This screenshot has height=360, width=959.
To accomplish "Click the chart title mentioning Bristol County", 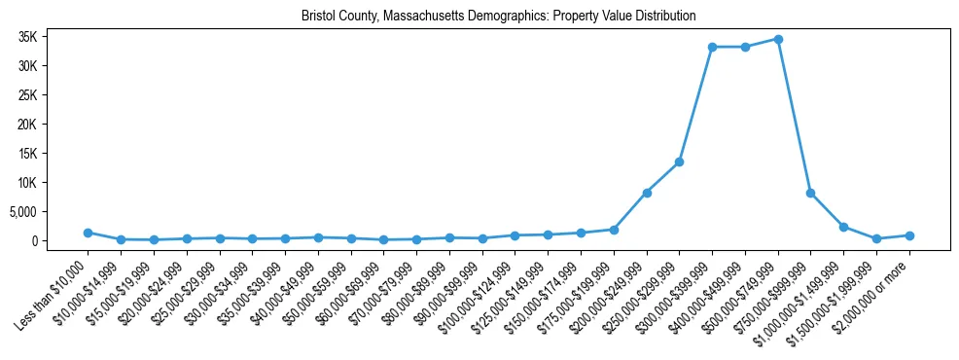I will (x=498, y=17).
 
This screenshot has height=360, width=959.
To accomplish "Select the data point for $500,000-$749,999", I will (x=778, y=39).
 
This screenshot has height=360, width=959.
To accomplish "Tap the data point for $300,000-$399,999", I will (x=712, y=47).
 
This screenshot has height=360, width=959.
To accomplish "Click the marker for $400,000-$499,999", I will (x=745, y=47).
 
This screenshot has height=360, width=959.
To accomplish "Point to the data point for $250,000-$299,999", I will (x=679, y=162).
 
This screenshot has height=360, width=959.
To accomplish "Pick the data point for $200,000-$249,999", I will (x=647, y=193).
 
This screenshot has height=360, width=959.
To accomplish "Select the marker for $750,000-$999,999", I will (x=811, y=193).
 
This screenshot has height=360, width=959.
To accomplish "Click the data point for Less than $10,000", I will (x=88, y=233).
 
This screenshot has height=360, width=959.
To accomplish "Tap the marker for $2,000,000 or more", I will (x=909, y=235).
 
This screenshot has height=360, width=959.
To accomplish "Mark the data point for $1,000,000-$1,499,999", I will (x=843, y=227).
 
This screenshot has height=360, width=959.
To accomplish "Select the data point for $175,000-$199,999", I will (x=614, y=230).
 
